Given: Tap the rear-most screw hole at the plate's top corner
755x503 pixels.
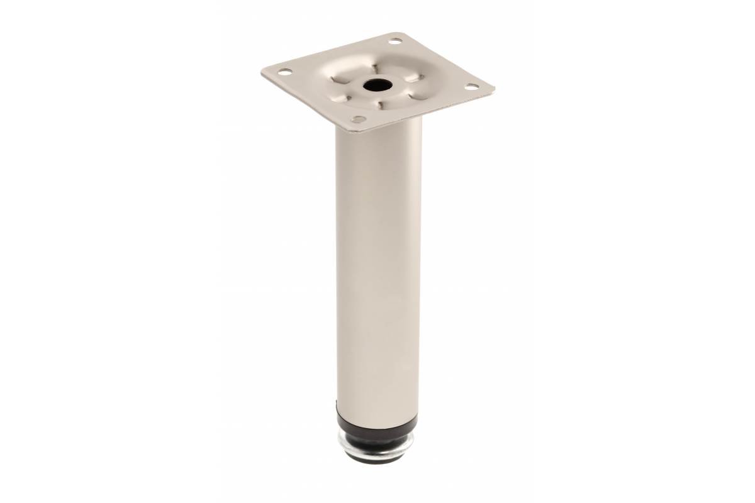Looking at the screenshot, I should click(x=395, y=41).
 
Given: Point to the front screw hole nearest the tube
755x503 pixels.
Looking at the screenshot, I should click(x=359, y=119).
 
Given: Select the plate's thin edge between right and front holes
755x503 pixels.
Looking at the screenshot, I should click(x=428, y=114).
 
